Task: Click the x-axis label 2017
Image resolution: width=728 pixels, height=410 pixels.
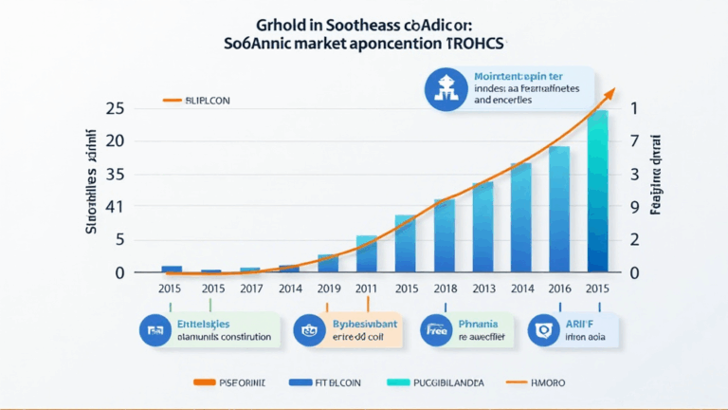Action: coord(250,288)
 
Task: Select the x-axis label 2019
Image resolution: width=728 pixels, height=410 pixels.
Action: coord(328,288)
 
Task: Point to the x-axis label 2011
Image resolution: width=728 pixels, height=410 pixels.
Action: coord(366,288)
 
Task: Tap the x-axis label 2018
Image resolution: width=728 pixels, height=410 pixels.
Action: coord(444,288)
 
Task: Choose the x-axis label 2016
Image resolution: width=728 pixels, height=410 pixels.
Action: coord(559,288)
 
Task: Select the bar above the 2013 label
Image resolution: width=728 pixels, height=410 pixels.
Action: coord(482,228)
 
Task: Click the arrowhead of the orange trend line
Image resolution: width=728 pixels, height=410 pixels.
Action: coord(611,92)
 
